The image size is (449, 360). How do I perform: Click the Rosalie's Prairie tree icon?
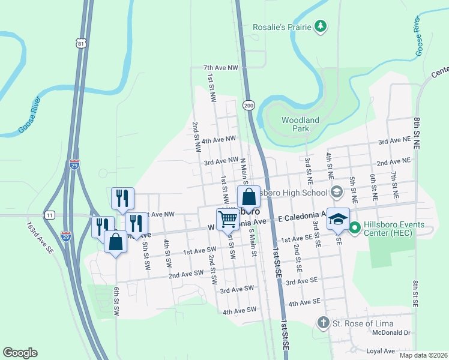[322, 25]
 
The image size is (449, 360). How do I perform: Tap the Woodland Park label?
[300, 124]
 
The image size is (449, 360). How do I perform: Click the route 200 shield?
[248, 106]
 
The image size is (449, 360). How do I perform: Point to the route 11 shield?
[49, 215]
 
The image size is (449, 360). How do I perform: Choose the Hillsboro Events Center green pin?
[354, 228]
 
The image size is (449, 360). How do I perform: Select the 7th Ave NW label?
[221, 68]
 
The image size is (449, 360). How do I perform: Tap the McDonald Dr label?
[390, 332]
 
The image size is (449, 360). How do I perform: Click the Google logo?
[20, 353]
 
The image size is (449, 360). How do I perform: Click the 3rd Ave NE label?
[394, 142]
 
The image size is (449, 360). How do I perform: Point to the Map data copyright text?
[423, 355]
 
